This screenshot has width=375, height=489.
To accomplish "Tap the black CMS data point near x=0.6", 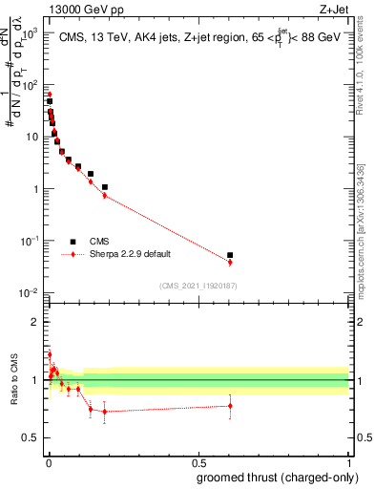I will pos(230,255).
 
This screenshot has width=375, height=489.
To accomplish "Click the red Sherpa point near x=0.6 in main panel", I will pos(230,262).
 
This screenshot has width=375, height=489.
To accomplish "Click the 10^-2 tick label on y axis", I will pos(30,292).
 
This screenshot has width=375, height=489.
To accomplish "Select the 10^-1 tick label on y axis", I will pos(30,241).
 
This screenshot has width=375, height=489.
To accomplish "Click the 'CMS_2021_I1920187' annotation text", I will pos(199,286).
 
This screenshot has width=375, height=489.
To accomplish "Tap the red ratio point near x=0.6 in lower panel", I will pos(230,406).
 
